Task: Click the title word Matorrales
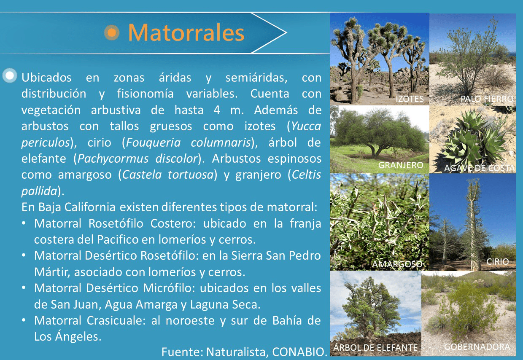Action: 186,32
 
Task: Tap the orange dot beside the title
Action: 112,32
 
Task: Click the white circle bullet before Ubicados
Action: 10,75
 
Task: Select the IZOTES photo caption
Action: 410,99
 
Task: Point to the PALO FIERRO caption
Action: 487,99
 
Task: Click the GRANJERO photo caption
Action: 401,165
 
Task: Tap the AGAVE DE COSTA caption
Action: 479,168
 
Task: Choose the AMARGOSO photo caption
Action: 397,264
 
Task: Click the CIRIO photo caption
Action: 497,261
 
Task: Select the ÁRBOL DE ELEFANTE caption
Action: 375,347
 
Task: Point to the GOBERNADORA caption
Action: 477,347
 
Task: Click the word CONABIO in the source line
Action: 299,352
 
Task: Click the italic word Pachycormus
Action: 113,159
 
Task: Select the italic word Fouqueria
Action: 153,142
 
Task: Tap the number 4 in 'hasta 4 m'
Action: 217,110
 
